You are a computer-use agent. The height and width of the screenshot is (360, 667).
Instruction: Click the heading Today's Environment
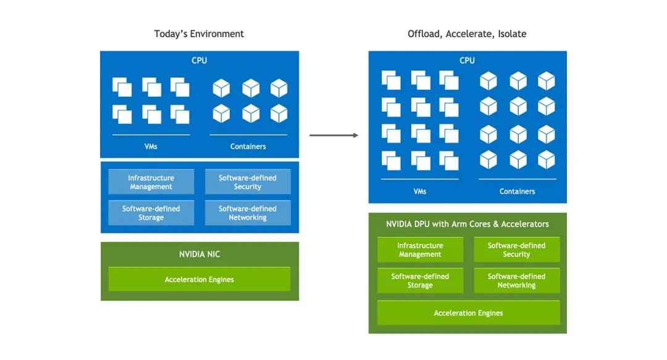click(x=199, y=34)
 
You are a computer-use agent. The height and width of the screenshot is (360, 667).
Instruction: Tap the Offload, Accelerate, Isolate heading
click(x=467, y=34)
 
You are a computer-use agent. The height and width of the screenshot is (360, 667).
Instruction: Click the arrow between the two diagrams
click(x=334, y=135)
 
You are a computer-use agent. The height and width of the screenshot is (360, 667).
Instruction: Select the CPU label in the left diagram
click(x=199, y=61)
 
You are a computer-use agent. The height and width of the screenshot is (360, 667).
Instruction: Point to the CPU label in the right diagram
click(x=467, y=61)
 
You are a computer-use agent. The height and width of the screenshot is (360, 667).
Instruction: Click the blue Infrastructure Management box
click(x=151, y=182)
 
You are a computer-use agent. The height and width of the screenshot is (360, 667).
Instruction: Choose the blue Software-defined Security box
click(x=248, y=182)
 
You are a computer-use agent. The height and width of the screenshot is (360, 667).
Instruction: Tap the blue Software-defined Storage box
click(x=151, y=213)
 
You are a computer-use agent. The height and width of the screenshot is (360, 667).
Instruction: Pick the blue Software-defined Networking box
click(x=248, y=213)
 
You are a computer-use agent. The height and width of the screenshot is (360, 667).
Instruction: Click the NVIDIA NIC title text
click(x=199, y=254)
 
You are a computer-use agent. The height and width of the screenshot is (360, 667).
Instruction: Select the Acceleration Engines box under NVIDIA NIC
click(x=199, y=279)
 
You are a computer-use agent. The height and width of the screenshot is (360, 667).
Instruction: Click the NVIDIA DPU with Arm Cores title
click(x=468, y=224)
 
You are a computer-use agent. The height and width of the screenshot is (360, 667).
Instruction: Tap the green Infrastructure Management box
click(x=420, y=250)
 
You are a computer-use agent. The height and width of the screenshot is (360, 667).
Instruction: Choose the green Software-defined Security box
click(x=517, y=250)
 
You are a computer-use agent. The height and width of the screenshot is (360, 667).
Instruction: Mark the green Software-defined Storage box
click(x=420, y=280)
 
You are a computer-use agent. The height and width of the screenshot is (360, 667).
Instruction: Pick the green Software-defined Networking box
click(x=517, y=280)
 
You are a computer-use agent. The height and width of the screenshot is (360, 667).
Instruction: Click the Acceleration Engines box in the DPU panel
click(x=468, y=313)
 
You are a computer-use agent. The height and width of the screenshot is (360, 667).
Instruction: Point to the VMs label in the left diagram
click(x=151, y=146)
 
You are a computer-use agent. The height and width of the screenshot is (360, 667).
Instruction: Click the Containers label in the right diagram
click(x=518, y=191)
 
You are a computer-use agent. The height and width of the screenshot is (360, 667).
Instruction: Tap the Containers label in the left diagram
click(x=248, y=146)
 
